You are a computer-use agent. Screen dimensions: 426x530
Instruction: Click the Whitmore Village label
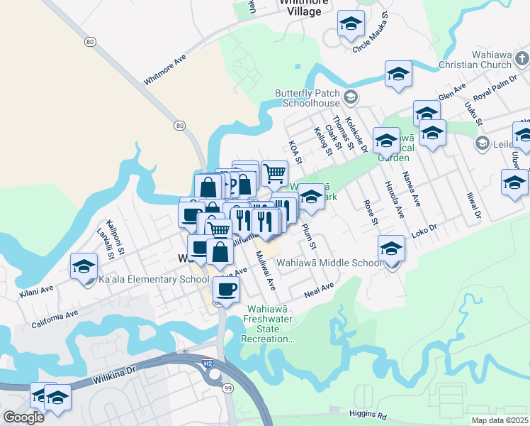pos(305,6)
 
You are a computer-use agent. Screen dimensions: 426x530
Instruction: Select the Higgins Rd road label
pos(368,413)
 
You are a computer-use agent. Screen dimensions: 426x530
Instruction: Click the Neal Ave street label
pos(318,290)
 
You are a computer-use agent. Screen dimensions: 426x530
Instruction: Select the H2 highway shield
pos(208,361)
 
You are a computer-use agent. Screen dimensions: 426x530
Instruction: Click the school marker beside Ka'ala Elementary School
pos(84,268)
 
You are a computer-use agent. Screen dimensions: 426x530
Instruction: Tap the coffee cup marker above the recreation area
pos(226,290)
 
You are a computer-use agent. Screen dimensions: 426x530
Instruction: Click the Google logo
pos(23,417)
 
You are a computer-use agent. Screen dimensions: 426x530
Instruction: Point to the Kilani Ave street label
pos(37,291)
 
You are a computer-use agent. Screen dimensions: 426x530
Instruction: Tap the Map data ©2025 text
pos(500,420)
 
